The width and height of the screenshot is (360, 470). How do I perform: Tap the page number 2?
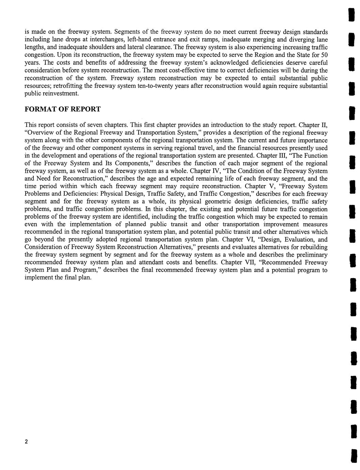pos(26,442)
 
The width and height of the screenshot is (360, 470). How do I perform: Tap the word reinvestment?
pos(61,93)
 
